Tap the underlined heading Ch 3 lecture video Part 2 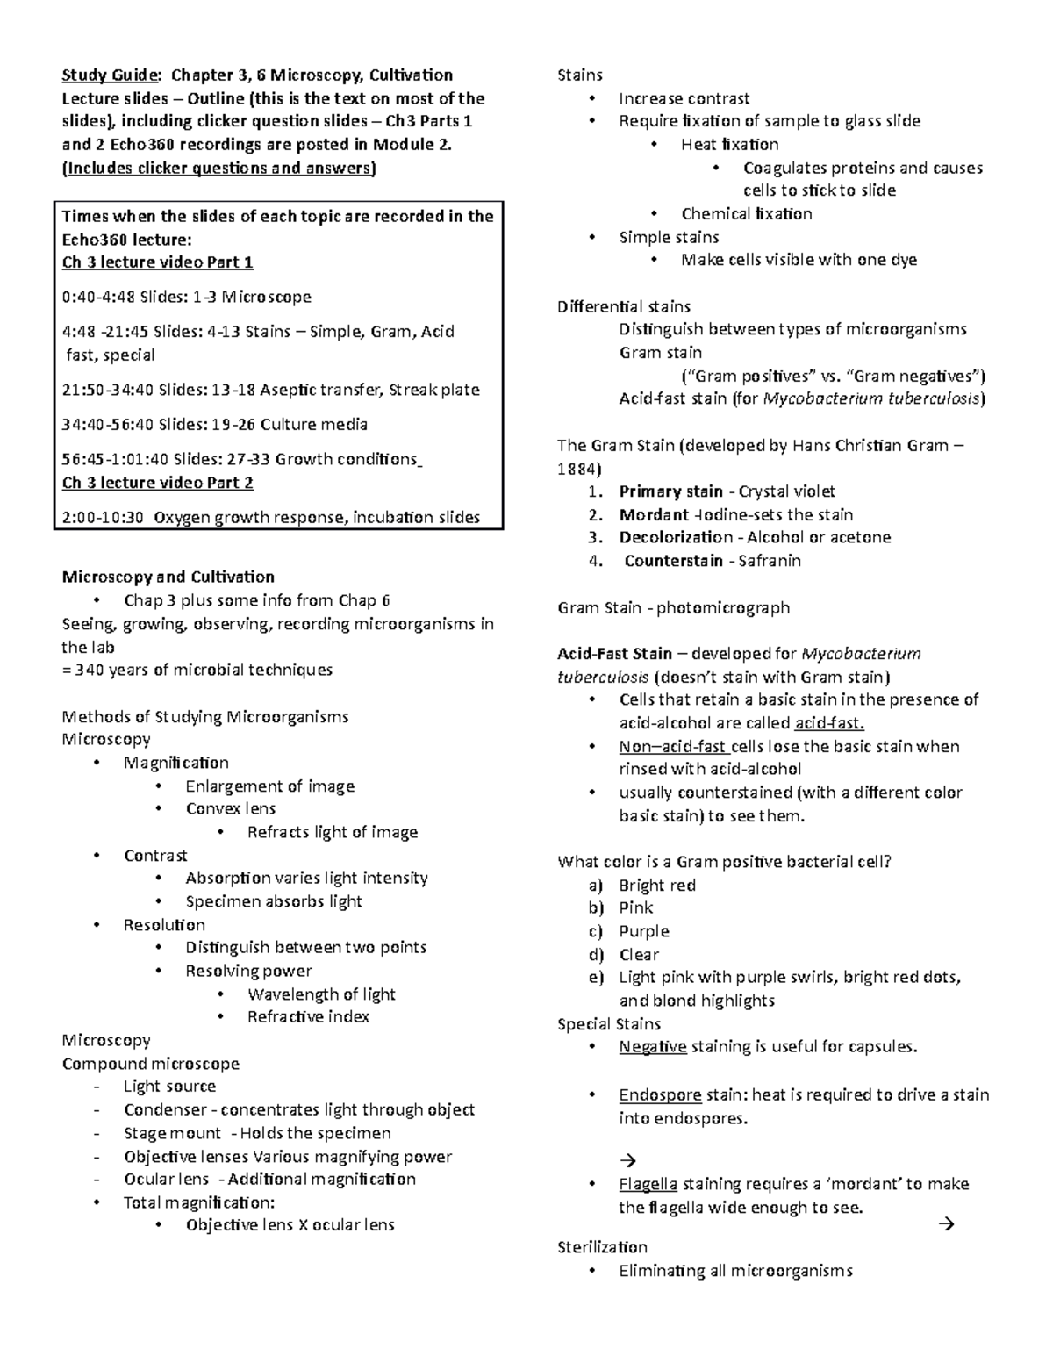(158, 483)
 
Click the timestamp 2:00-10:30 (103, 518)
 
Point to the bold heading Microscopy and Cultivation (168, 577)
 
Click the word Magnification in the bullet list (176, 763)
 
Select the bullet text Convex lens (231, 809)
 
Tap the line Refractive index (308, 1017)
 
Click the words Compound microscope (150, 1064)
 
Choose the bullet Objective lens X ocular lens (290, 1225)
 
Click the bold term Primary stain (671, 491)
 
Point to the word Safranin (770, 561)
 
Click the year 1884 (579, 469)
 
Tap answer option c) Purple (643, 931)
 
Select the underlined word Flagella (648, 1185)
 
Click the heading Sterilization (602, 1247)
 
